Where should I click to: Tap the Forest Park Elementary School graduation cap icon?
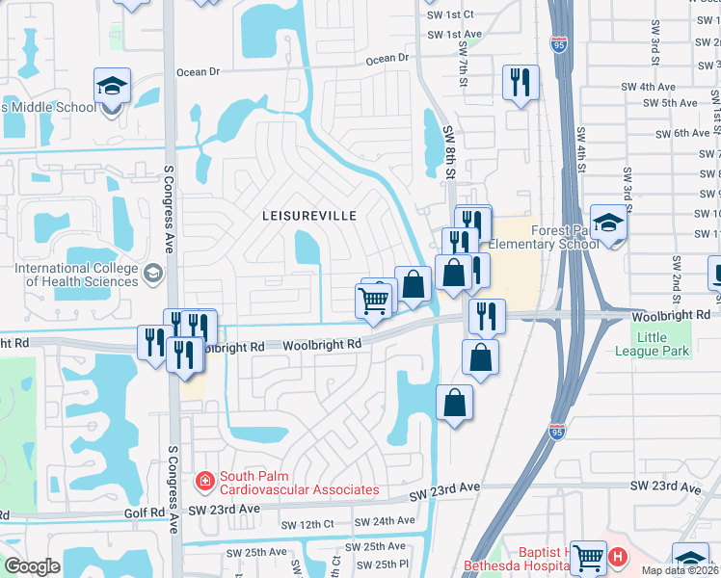click(x=608, y=224)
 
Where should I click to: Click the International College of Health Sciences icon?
click(x=152, y=275)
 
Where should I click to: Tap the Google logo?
click(x=32, y=565)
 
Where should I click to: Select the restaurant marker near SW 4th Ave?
click(x=521, y=83)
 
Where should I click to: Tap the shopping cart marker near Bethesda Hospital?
click(x=587, y=557)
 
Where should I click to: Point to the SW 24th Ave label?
click(x=385, y=521)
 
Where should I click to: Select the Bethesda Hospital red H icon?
click(x=617, y=557)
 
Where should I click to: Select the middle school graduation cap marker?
click(x=113, y=86)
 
